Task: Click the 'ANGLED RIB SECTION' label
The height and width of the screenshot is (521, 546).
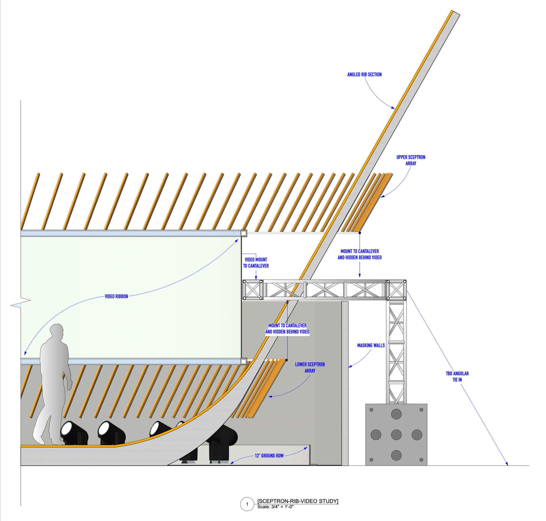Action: pyautogui.click(x=364, y=75)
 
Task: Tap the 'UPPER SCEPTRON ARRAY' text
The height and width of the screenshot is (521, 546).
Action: pyautogui.click(x=411, y=160)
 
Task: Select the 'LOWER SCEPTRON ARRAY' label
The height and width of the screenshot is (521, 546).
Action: pyautogui.click(x=310, y=367)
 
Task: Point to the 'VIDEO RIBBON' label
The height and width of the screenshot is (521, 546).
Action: pyautogui.click(x=116, y=296)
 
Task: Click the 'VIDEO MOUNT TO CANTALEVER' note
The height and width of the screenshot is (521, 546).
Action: pyautogui.click(x=256, y=263)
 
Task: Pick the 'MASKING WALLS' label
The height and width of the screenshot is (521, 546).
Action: pyautogui.click(x=371, y=345)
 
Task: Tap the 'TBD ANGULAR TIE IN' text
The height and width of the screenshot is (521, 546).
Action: pyautogui.click(x=457, y=377)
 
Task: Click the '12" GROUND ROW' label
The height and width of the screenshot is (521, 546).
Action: pyautogui.click(x=269, y=456)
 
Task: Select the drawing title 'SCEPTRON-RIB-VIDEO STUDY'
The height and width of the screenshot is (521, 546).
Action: pyautogui.click(x=298, y=501)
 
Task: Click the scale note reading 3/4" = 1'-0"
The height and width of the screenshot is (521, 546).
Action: pyautogui.click(x=275, y=507)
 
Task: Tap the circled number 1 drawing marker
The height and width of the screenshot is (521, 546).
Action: pyautogui.click(x=247, y=504)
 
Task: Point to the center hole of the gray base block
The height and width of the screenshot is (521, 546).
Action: pyautogui.click(x=396, y=435)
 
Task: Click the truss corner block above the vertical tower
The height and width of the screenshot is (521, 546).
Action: pyautogui.click(x=396, y=290)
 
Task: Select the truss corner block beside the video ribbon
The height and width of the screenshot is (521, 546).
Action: pyautogui.click(x=253, y=290)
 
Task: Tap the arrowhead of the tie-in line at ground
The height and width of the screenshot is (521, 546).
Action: pyautogui.click(x=507, y=464)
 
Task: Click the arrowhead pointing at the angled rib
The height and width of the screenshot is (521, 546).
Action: pyautogui.click(x=393, y=108)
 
